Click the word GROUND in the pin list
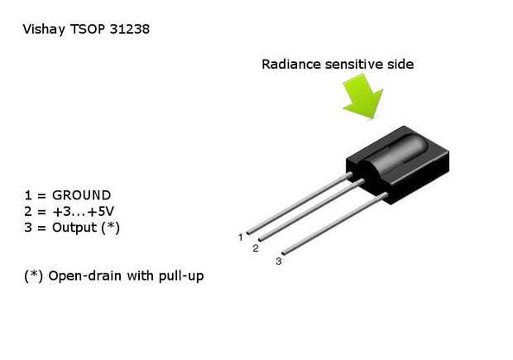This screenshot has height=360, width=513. [81, 196]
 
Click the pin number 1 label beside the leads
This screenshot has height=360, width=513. [241, 238]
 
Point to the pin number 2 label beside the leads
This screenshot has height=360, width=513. [256, 247]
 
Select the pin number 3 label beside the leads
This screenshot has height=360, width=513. [279, 262]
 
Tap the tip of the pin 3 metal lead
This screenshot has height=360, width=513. [285, 252]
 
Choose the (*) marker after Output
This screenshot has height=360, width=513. [111, 228]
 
